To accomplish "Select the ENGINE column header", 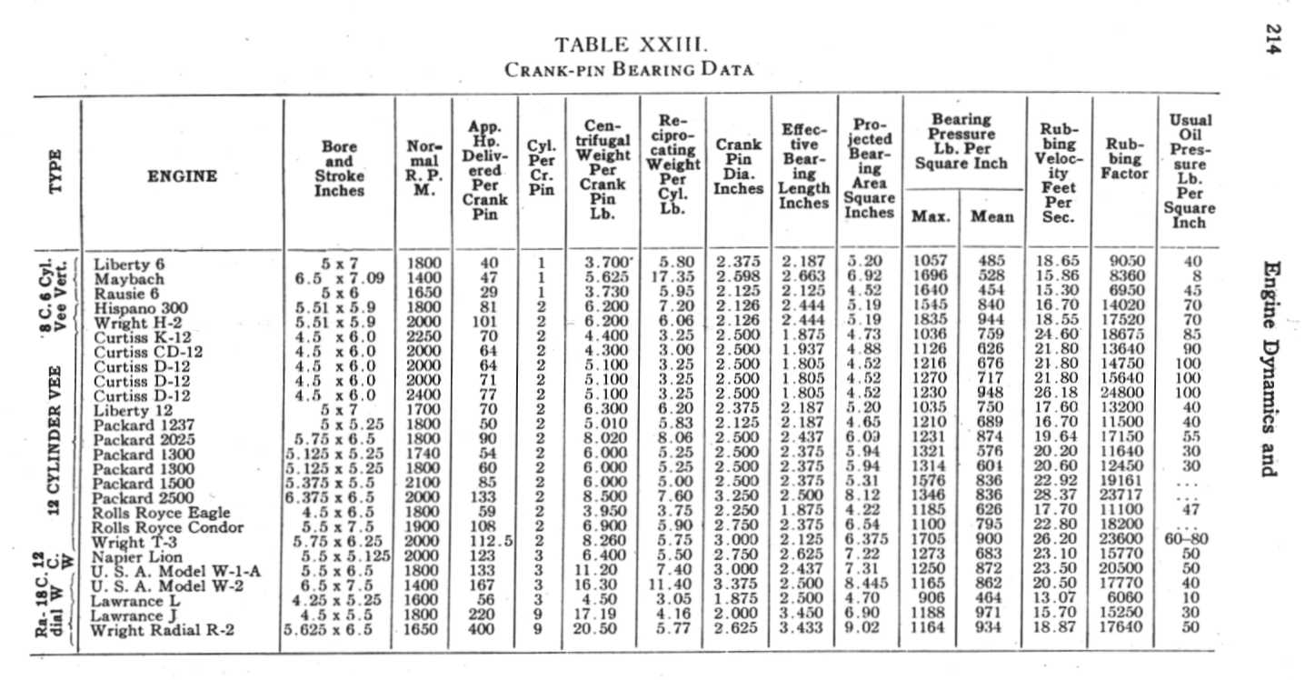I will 182,176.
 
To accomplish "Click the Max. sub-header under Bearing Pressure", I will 931,217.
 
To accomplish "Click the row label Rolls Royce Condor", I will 169,527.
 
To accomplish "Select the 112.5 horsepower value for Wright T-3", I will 492,542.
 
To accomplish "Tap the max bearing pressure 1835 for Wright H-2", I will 929,322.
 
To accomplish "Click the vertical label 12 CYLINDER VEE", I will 56,439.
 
